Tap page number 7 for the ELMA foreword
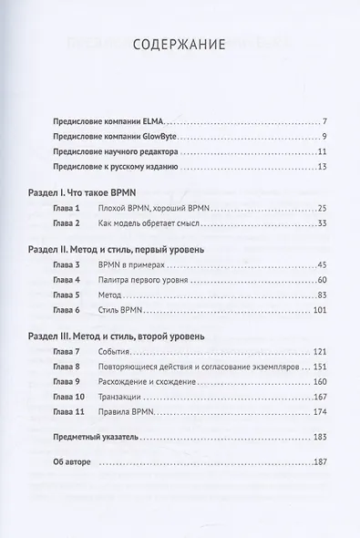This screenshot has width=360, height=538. [326, 121]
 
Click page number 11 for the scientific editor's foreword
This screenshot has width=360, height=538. [323, 153]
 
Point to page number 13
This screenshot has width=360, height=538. [323, 169]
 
